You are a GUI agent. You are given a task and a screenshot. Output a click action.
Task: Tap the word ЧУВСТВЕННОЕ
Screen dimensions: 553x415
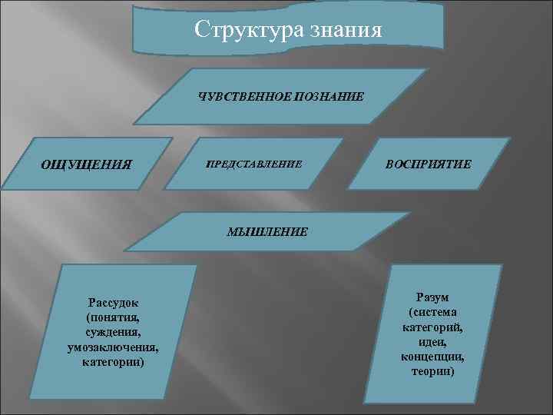[241, 97]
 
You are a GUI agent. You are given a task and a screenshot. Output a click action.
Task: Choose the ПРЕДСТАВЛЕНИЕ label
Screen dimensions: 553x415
[254, 164]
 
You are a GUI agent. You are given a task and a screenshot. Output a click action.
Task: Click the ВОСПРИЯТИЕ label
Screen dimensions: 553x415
[429, 164]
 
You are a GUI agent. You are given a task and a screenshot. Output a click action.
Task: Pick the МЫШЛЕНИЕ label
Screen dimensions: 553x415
[267, 231]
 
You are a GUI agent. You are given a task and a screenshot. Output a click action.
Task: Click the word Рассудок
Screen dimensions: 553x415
[113, 302]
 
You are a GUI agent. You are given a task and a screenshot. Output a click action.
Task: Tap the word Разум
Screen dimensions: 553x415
[432, 297]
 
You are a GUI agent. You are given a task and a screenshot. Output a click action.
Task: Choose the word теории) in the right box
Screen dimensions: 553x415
[432, 371]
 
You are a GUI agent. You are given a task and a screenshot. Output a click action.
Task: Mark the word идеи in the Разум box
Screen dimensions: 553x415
[432, 342]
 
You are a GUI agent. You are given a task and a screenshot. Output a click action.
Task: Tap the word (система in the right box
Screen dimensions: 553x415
[432, 312]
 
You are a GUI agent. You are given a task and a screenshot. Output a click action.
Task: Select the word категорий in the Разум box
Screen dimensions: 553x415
[432, 327]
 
